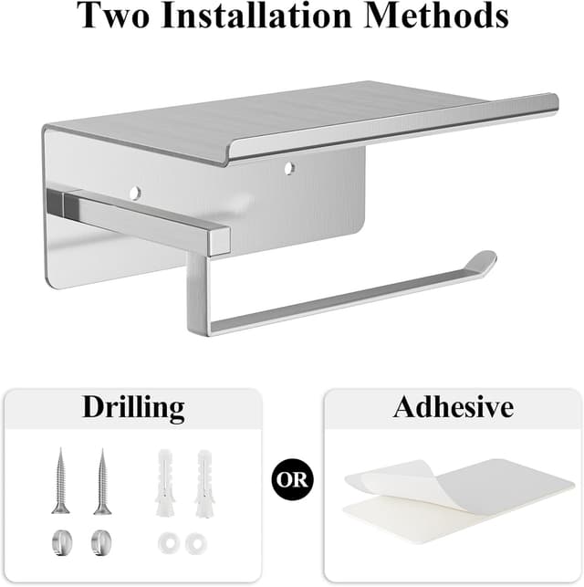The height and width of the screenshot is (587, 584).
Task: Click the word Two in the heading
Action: point(113,16)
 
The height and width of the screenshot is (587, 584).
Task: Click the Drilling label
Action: point(133,408)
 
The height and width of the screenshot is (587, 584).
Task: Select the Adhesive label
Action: point(454,406)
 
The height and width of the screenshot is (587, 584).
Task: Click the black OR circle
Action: point(293,479)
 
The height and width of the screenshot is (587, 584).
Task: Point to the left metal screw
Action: point(60,481)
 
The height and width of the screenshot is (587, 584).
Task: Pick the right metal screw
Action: point(102,481)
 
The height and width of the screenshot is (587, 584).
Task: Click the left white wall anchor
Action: point(164,483)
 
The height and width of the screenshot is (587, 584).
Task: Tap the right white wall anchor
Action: point(204,484)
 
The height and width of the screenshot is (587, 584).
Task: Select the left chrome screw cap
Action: point(62,543)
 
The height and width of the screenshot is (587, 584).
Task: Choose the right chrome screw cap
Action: point(102,543)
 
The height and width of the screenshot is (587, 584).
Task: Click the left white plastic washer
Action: point(168,543)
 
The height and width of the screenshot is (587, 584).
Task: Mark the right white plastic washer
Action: point(196,543)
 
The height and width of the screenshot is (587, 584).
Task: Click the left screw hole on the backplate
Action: point(135,193)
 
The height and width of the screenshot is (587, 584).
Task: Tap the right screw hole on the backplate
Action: point(289,168)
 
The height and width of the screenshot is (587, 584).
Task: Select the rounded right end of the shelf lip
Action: point(555,102)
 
